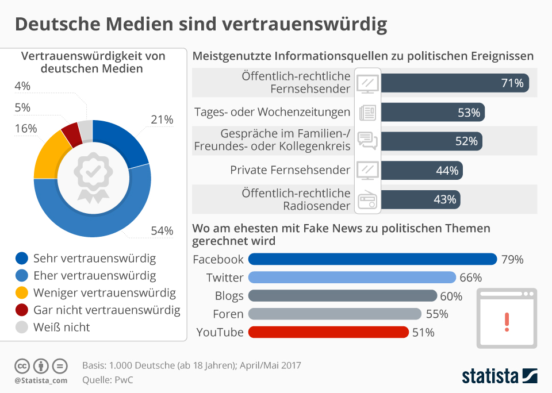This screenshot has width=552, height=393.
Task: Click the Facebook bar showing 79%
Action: (372, 259)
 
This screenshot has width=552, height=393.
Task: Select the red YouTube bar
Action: (328, 332)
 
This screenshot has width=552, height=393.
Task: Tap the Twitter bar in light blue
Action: (352, 278)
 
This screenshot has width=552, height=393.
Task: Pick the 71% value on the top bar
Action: (512, 83)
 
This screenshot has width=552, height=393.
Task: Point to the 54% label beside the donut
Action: (162, 231)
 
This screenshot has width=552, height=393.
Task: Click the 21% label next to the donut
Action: (162, 120)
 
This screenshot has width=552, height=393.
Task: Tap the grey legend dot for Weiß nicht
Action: (22, 327)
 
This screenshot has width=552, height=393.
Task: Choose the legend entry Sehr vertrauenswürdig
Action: (94, 259)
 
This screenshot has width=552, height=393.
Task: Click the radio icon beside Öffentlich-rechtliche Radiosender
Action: (367, 199)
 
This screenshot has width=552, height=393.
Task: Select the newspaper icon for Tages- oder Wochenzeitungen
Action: (367, 112)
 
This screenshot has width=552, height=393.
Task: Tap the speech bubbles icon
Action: (367, 141)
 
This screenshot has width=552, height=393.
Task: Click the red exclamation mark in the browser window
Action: (506, 321)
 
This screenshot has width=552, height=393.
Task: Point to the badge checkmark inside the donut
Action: (93, 171)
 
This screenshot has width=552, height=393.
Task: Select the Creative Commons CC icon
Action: (22, 365)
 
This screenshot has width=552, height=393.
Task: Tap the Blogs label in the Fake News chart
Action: (229, 296)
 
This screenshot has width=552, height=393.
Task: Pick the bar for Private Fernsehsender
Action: (421, 170)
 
